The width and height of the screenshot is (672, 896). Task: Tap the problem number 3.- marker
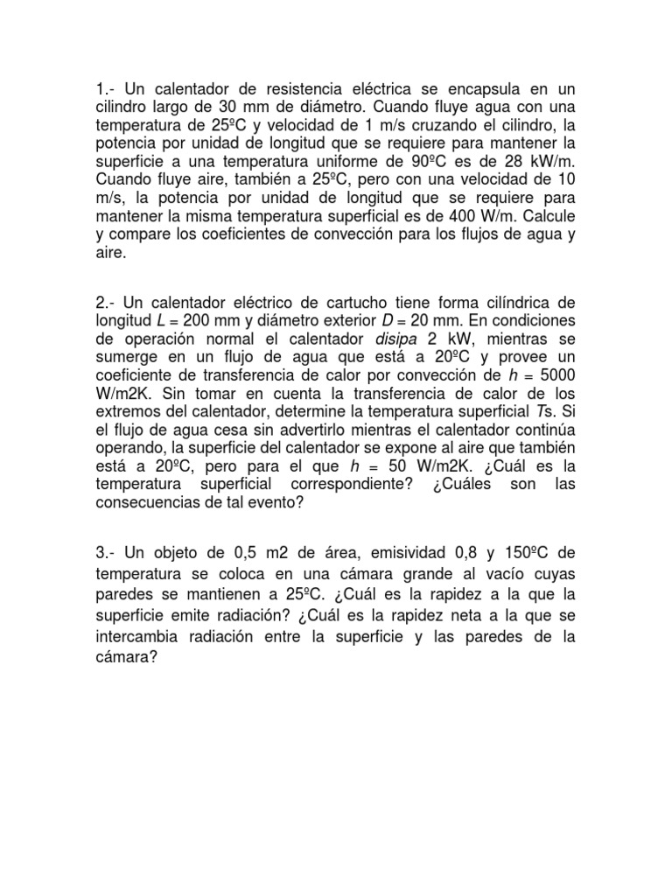click(106, 554)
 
